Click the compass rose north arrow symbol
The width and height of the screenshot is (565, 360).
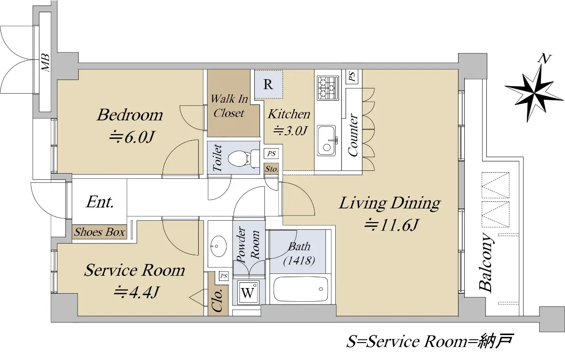534,93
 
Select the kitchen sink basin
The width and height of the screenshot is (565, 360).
327,140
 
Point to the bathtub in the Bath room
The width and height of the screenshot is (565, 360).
301,289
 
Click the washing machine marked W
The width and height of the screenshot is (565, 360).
248,292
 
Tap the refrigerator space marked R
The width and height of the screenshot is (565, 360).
268,84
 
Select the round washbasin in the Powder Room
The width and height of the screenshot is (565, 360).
218,246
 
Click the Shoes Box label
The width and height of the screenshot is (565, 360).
100,232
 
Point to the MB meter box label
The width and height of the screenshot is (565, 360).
45,62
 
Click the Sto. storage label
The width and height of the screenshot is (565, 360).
271,169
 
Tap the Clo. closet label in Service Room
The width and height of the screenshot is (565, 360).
218,301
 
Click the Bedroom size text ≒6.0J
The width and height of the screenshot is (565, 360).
132,137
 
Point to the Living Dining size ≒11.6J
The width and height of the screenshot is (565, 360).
391,225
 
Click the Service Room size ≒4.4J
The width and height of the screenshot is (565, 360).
136,292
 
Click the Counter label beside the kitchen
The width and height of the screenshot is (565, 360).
353,135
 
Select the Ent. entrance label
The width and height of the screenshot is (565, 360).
100,202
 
